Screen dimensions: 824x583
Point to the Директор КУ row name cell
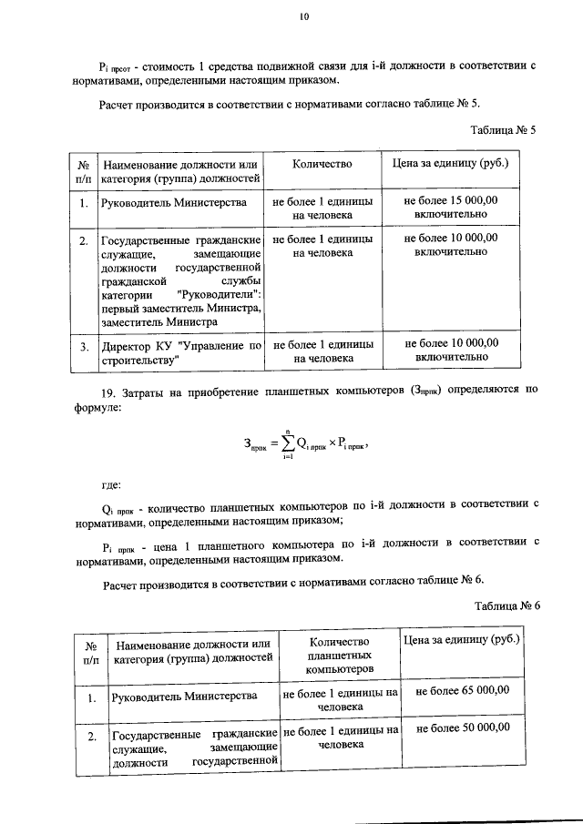pyautogui.click(x=181, y=352)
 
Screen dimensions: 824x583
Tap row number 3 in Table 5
pyautogui.click(x=83, y=347)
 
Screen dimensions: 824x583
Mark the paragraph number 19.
pyautogui.click(x=107, y=392)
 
